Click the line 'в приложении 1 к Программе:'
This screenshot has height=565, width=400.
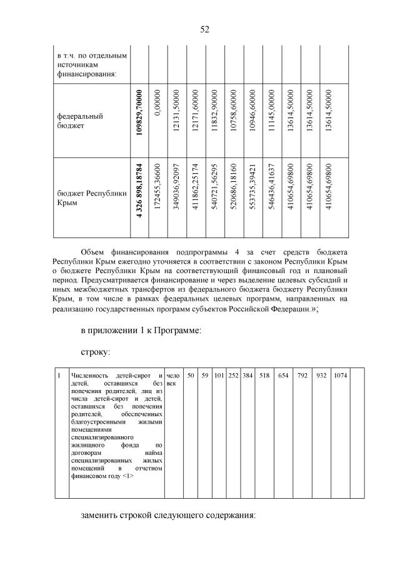point(141,330)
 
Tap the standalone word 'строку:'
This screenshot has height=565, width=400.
point(96,352)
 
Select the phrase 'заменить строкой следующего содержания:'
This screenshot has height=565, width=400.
point(168,516)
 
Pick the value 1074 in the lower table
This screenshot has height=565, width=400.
point(341,375)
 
